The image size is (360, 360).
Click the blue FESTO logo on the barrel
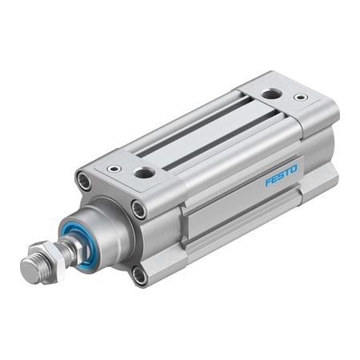coord(282,175)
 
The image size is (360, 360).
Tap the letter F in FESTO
coord(268,182)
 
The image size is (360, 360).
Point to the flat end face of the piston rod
coord(30,270)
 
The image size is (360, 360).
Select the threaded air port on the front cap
coord(145,173)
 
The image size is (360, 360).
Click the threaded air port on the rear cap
coord(271,94)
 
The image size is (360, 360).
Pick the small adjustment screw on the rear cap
coord(301,98)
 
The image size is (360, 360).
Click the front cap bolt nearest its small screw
coord(83,182)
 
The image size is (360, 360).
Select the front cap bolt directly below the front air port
coord(138,210)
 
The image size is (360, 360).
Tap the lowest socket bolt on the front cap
coord(139,277)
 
